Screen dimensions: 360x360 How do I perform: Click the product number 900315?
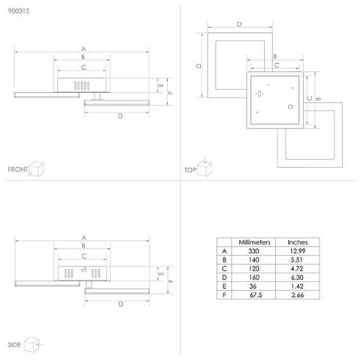(19, 11)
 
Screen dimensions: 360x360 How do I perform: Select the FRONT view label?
(18, 169)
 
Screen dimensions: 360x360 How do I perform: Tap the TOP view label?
(190, 170)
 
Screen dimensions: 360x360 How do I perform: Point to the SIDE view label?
(14, 345)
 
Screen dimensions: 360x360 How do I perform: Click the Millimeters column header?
(254, 242)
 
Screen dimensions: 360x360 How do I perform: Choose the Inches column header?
(298, 242)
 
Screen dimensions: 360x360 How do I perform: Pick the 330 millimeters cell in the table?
(253, 251)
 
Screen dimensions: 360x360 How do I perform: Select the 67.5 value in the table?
(256, 295)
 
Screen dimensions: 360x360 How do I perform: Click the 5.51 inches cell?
(296, 259)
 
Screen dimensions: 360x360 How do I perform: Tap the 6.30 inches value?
(297, 277)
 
